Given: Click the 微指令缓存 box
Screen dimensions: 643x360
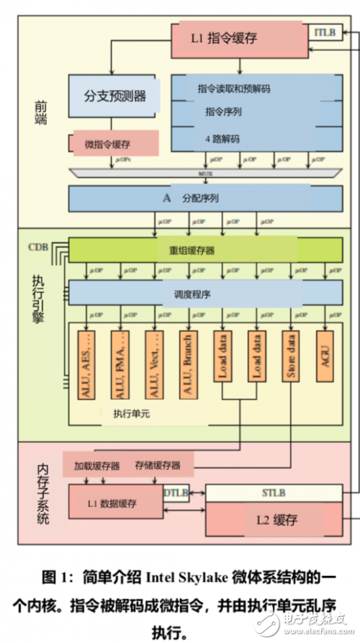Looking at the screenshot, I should [115, 143].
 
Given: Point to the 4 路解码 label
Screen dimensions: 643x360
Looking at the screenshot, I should [223, 138].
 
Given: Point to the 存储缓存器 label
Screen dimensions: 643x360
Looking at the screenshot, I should [157, 464].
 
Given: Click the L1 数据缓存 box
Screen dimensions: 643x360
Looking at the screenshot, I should [115, 501].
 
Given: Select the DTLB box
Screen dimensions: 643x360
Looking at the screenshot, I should [177, 493].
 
